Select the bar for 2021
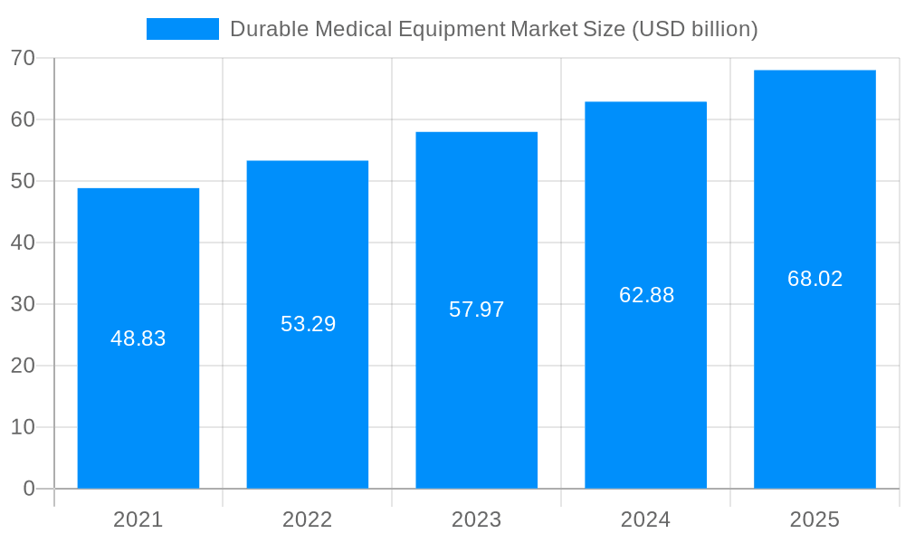pyautogui.click(x=138, y=407)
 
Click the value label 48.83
pyautogui.click(x=138, y=338)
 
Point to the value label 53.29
pyautogui.click(x=308, y=324)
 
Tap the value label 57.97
pyautogui.click(x=477, y=310)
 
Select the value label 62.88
pyautogui.click(x=646, y=295)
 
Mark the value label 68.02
pyautogui.click(x=814, y=279)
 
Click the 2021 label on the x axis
pyautogui.click(x=138, y=519)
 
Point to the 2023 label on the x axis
pyautogui.click(x=477, y=519)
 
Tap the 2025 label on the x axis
pyautogui.click(x=814, y=519)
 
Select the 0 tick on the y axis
pyautogui.click(x=29, y=489)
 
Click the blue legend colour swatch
pyautogui.click(x=183, y=29)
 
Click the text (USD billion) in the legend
pyautogui.click(x=694, y=29)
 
